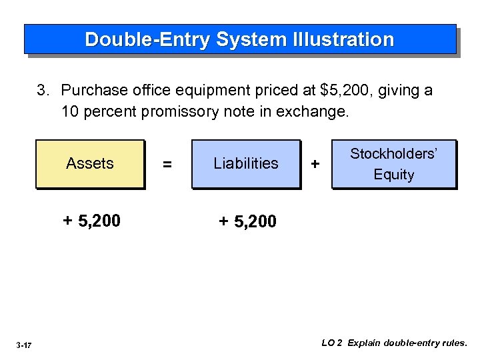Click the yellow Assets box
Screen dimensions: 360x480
pos(90,163)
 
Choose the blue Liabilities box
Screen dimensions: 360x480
pos(246,163)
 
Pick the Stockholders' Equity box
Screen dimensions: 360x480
pos(394,164)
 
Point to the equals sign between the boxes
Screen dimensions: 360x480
pos(167,164)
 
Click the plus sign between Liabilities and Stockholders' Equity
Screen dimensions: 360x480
pos(315,164)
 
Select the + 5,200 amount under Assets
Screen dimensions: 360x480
pos(91,221)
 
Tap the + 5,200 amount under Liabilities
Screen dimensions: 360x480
pos(247,221)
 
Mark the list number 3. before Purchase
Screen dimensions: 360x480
pos(43,91)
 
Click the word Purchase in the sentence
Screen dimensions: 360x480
pos(90,91)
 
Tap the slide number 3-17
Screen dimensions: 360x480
pos(24,345)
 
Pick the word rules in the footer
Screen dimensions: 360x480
pos(455,343)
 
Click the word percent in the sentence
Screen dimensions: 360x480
pos(109,111)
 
